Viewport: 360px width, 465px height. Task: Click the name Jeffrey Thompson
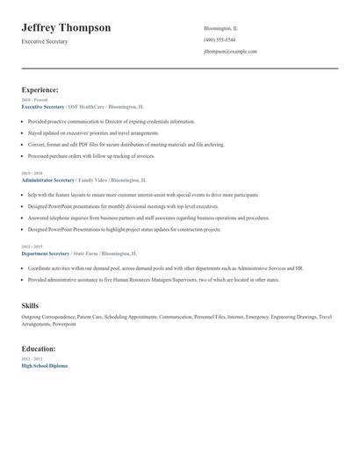[66, 28]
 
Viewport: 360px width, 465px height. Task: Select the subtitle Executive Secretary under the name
[45, 41]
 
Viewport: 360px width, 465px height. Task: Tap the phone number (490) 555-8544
[220, 39]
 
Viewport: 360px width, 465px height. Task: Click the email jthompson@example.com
[230, 51]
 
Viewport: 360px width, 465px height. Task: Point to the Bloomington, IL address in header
[220, 28]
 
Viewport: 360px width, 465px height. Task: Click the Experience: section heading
[40, 89]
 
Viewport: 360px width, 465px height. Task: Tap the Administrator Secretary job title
[47, 179]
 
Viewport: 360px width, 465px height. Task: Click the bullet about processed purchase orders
[91, 156]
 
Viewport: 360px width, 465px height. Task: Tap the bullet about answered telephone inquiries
[148, 218]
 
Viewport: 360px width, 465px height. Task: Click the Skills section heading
[30, 305]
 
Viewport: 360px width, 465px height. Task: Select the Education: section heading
[38, 349]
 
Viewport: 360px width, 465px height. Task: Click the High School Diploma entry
[44, 365]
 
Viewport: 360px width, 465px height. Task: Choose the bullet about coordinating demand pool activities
[165, 268]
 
